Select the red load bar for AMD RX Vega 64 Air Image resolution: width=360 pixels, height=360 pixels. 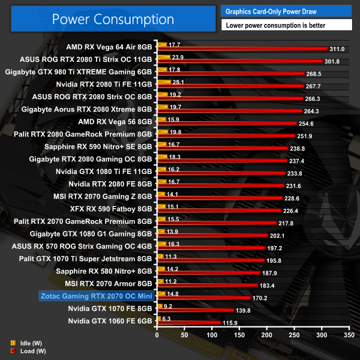[240, 49]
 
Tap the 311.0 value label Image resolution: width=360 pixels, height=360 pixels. [338, 49]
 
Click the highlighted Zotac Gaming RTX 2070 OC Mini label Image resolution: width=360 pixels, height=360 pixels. [95, 295]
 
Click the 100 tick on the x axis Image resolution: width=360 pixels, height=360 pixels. [211, 334]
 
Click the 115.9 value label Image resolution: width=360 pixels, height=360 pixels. [229, 323]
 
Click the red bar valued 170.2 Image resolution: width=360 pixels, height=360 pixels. [203, 297]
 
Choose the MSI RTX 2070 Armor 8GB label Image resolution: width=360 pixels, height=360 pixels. [109, 283]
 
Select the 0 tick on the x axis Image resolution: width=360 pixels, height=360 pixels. [157, 334]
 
